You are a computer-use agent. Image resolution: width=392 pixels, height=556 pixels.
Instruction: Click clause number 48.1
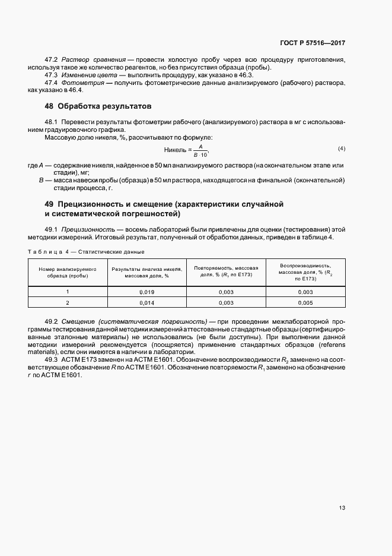coord(52,121)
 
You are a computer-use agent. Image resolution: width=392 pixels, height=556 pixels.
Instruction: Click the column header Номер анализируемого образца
coord(68,273)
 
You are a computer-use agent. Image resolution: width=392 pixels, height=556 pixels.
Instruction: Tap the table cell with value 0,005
coord(305,303)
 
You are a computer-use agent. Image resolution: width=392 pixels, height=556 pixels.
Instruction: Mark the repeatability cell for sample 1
coord(225,292)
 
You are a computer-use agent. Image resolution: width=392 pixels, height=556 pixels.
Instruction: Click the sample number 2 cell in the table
coord(68,303)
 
